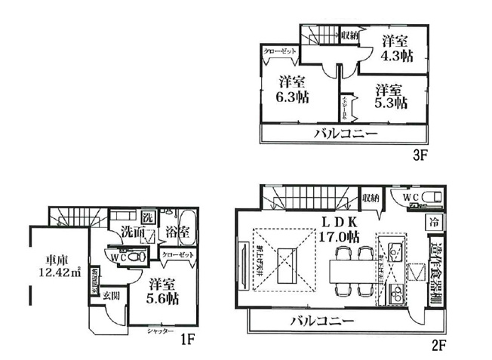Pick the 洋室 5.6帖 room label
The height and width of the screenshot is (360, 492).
click(163, 291)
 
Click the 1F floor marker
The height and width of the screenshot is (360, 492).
click(188, 339)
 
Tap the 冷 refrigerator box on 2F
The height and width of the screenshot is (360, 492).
click(434, 223)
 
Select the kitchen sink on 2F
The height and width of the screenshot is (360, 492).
click(393, 249)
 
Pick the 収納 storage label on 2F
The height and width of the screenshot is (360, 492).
click(370, 198)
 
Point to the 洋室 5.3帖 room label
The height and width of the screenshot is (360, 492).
click(392, 95)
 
